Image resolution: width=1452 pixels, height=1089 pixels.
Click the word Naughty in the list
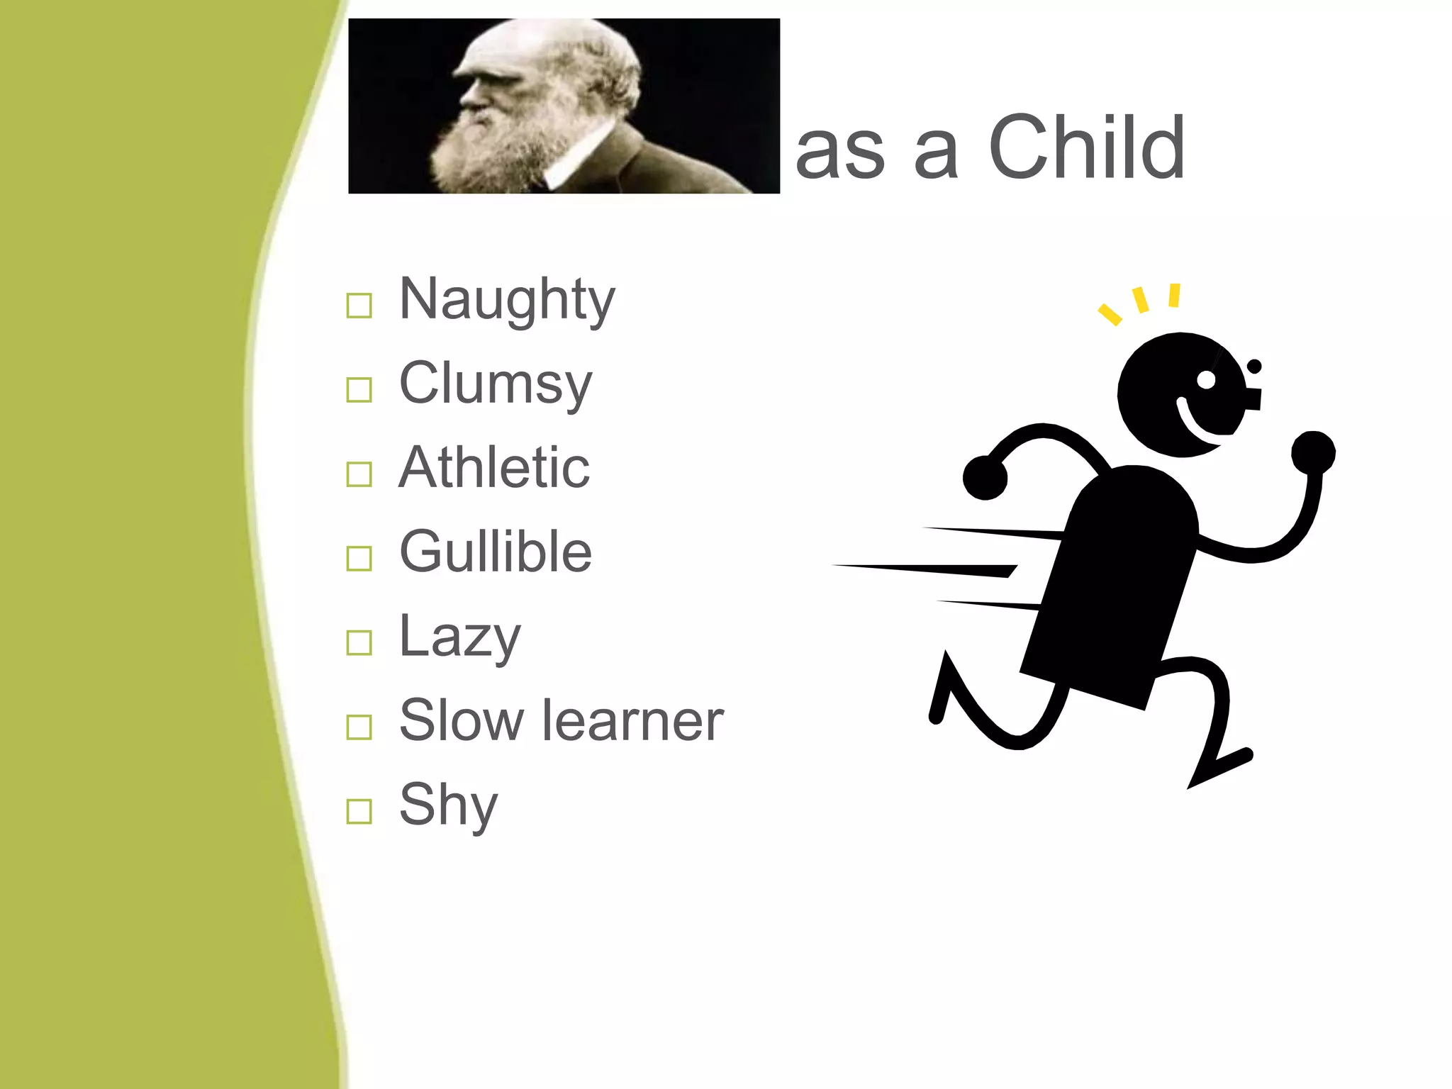tap(506, 300)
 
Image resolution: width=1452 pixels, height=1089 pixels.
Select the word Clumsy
tap(495, 384)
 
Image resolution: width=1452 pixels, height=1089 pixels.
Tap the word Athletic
tap(493, 468)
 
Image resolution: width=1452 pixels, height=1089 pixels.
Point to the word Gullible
tap(495, 552)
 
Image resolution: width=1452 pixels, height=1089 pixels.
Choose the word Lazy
tap(459, 636)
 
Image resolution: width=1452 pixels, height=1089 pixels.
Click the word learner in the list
tap(632, 720)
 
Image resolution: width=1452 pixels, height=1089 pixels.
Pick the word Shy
tap(448, 804)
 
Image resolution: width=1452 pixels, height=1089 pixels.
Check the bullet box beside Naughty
tap(359, 306)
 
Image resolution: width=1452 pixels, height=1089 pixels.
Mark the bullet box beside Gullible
tap(359, 559)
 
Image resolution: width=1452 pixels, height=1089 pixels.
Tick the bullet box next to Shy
tap(359, 811)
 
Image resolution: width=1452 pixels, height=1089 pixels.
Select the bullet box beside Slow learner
tap(359, 727)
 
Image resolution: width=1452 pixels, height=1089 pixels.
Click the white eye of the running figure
tap(1206, 380)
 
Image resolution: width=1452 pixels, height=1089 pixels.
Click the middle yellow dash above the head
tap(1141, 299)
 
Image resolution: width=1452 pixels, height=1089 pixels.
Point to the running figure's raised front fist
tap(1313, 452)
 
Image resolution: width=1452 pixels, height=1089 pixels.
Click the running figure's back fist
tap(985, 478)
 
